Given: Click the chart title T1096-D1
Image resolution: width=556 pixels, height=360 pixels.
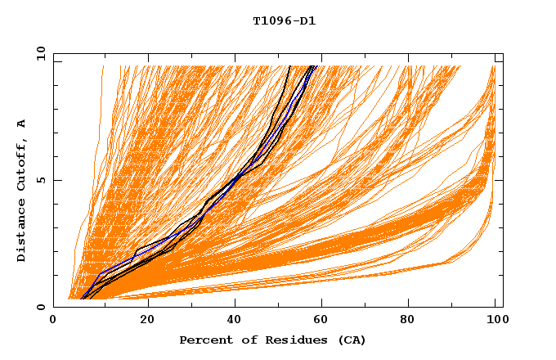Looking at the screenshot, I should tap(284, 21).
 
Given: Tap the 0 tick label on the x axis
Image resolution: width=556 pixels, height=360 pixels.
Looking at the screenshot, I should tap(53, 321).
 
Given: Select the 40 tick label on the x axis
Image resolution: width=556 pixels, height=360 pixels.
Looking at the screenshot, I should tap(235, 321).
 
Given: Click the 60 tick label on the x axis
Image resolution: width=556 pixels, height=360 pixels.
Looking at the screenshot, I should tap(323, 321).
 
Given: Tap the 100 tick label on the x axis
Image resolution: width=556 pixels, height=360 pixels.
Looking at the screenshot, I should tap(495, 321).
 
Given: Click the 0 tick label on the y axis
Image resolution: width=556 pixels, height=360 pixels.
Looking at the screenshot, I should tap(40, 308).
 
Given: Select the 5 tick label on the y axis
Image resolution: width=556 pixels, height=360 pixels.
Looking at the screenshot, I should tap(40, 181).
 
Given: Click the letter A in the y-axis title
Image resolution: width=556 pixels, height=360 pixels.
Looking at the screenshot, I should tap(22, 124).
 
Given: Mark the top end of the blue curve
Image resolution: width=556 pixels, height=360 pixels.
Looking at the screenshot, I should tap(314, 65).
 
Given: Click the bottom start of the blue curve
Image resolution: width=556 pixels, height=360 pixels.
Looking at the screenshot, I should tap(82, 299).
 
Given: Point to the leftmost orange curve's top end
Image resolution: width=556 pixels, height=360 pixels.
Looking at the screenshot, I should tap(103, 65).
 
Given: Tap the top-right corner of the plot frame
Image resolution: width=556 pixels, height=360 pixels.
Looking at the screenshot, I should tap(503, 54).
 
